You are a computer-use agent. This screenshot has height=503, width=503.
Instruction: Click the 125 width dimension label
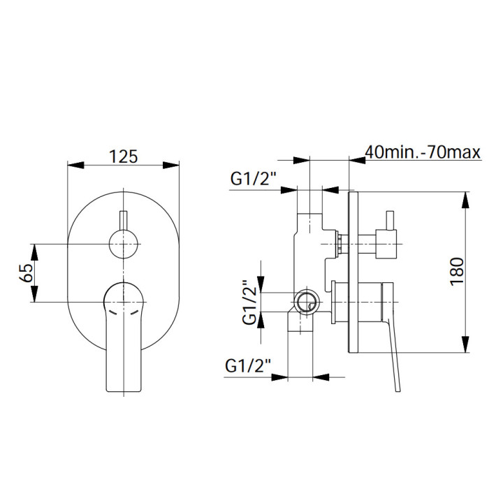[x=124, y=156]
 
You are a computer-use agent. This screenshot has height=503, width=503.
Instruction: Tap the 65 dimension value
[x=27, y=272]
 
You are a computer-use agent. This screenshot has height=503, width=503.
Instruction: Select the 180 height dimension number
[x=457, y=271]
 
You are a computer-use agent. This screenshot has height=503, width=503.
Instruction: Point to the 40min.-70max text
[x=423, y=152]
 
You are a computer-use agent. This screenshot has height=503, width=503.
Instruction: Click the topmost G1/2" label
[x=254, y=178]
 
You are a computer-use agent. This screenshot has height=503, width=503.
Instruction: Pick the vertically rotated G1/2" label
[x=249, y=302]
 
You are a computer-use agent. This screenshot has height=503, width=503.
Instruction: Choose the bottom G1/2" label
[x=248, y=365]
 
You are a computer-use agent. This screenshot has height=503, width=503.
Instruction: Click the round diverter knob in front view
[x=124, y=244]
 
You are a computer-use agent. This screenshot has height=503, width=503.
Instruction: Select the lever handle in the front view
[x=124, y=337]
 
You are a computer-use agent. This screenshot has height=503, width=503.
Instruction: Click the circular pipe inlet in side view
[x=307, y=302]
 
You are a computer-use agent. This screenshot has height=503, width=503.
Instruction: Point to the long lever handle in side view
[x=391, y=337]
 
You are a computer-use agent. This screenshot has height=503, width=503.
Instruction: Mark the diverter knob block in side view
[x=387, y=244]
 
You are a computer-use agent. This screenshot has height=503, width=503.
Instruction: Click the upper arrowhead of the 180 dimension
[x=465, y=200]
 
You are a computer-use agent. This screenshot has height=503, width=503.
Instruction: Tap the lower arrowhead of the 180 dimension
[x=465, y=344]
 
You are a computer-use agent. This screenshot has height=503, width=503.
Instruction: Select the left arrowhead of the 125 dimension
[x=75, y=165]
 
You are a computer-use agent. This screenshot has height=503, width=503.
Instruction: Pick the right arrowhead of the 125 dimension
[x=171, y=165]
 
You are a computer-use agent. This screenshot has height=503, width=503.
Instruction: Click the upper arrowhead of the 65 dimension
[x=34, y=252]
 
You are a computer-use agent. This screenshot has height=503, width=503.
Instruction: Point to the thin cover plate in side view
[x=353, y=272]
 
